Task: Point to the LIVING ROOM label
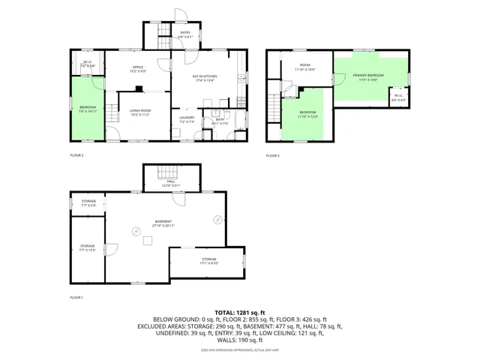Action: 140,113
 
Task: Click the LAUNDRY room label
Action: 187,118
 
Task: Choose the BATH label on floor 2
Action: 220,121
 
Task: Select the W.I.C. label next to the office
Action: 88,64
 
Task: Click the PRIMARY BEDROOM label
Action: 369,76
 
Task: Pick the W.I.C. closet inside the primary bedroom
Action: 398,97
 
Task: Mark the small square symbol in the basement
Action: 148,241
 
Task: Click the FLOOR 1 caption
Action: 76,298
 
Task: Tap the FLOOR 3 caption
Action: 272,155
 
